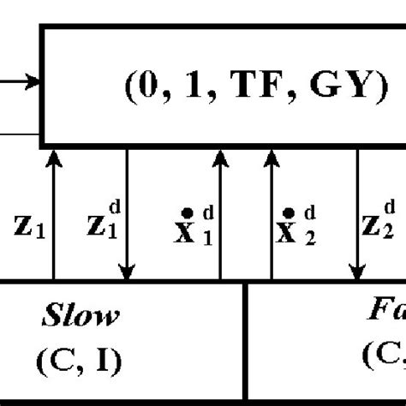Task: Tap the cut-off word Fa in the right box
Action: (383, 318)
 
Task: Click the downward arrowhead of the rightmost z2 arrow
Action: (357, 273)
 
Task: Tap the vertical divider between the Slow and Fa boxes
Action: (247, 343)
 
